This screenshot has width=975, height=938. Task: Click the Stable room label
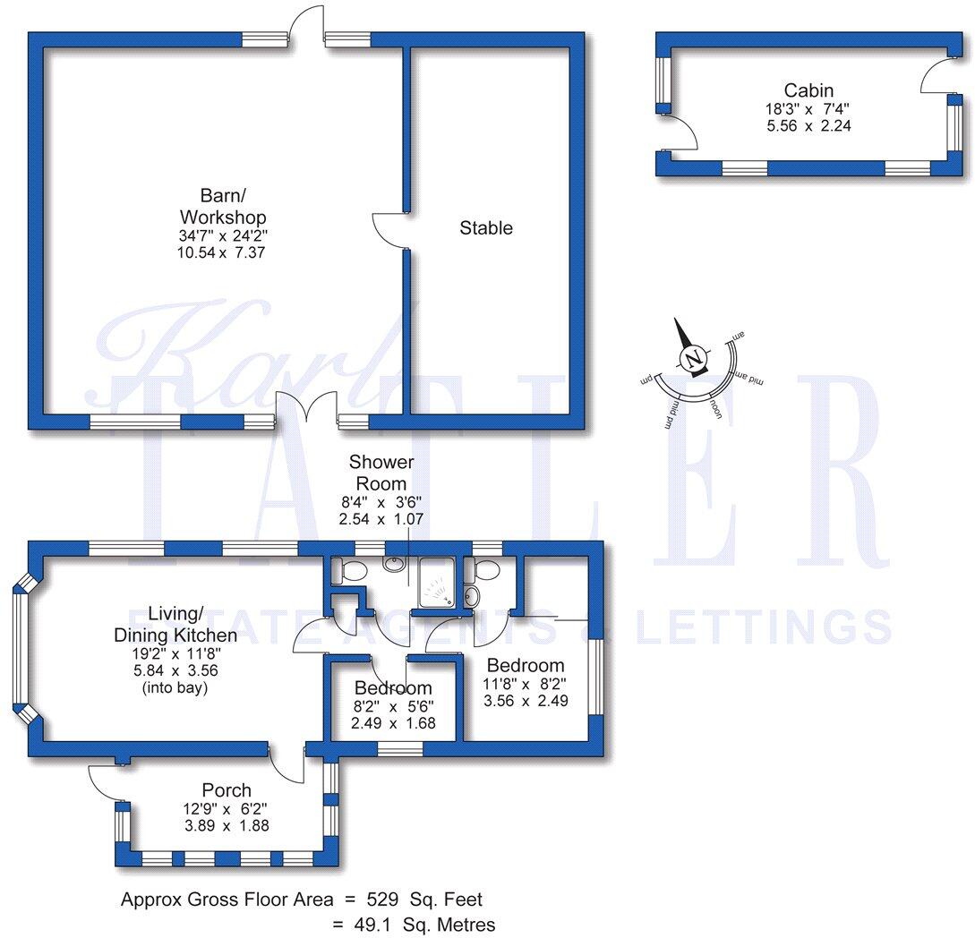[x=486, y=228]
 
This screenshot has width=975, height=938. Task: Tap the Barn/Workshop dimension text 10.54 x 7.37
[x=223, y=253]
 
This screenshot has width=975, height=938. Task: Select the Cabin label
[x=808, y=90]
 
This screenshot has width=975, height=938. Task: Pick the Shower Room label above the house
[x=381, y=473]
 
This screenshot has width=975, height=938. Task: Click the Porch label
[x=227, y=790]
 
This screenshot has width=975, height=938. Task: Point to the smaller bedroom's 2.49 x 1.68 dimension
[x=394, y=722]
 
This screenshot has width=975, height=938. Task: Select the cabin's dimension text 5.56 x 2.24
[x=808, y=126]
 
